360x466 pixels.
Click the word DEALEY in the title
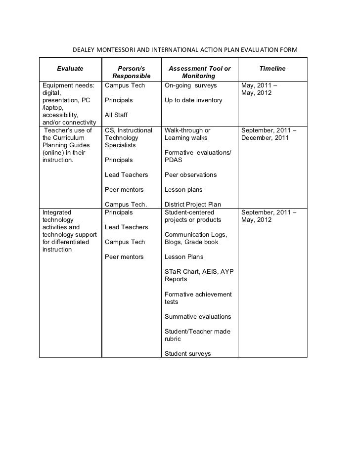click(x=84, y=50)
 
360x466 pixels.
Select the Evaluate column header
click(x=70, y=68)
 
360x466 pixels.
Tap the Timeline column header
click(x=272, y=68)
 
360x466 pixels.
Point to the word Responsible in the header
click(x=132, y=77)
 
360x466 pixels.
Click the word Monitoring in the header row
click(x=199, y=77)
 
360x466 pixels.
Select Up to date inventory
click(x=193, y=100)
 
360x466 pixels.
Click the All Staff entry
click(x=116, y=115)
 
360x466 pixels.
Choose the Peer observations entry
click(x=190, y=175)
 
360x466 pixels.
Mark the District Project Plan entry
click(x=193, y=205)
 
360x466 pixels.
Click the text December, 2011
click(x=265, y=138)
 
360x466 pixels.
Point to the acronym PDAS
click(x=174, y=160)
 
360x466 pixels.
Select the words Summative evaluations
click(x=197, y=316)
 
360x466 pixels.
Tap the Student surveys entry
click(x=187, y=353)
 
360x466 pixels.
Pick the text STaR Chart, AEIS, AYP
click(x=198, y=272)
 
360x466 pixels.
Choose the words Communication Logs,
click(x=195, y=235)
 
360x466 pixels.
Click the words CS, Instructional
click(x=129, y=130)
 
